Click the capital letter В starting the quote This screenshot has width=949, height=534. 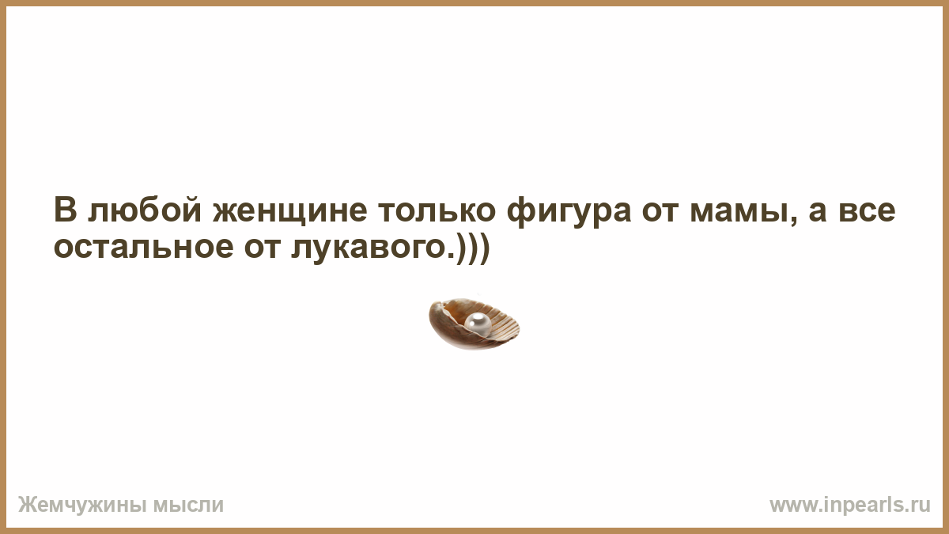(x=65, y=210)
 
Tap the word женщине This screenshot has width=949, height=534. (x=289, y=212)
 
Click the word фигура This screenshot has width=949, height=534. (x=569, y=212)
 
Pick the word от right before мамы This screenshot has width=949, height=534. (x=660, y=212)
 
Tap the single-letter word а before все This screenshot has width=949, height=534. (x=818, y=212)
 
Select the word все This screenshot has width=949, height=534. (x=868, y=212)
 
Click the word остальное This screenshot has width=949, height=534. (x=144, y=248)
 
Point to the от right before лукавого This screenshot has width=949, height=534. (x=263, y=248)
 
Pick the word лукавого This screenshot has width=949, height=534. (x=369, y=250)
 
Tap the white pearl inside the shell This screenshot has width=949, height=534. (x=478, y=324)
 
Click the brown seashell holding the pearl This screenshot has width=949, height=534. (x=474, y=324)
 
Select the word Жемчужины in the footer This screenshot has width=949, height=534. (x=82, y=505)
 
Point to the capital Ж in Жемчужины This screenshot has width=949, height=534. (x=26, y=505)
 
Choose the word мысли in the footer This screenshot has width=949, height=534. (x=188, y=506)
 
